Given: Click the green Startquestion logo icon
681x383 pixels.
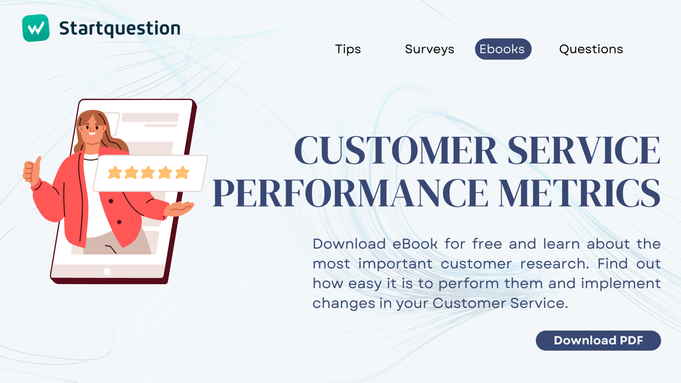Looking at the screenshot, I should click(x=36, y=28).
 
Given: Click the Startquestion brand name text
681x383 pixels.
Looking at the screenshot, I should click(x=120, y=29).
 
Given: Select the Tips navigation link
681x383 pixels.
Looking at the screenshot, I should click(x=348, y=49).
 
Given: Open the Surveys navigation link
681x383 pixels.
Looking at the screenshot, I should click(x=429, y=49).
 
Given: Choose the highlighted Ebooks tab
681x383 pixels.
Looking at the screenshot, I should click(x=503, y=49).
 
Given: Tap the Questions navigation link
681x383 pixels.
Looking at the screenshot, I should click(x=591, y=49).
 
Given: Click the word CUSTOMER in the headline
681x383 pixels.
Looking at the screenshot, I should click(x=395, y=150).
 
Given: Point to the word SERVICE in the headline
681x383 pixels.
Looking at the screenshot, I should click(x=584, y=150).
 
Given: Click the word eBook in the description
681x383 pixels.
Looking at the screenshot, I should click(x=415, y=244).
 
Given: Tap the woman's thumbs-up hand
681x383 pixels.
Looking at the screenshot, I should click(x=32, y=171).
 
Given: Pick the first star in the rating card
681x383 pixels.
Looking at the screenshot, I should click(x=115, y=173).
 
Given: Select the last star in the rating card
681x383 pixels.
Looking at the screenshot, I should click(x=182, y=173).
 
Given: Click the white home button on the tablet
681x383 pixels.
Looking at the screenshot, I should click(x=107, y=272).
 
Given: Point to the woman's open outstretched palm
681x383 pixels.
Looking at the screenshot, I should click(x=180, y=209).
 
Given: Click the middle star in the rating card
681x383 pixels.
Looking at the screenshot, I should click(x=148, y=173).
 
